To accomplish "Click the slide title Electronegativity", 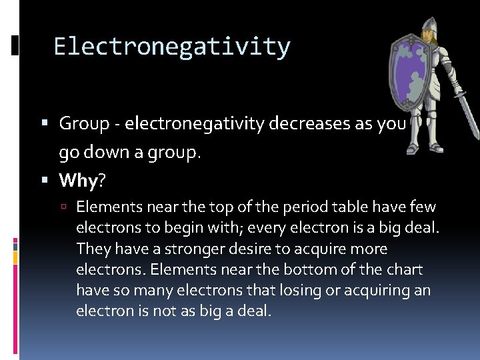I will point(172,47).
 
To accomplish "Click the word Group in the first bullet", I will point(84,123).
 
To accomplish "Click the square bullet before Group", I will point(45,124).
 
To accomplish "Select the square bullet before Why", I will point(45,181).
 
